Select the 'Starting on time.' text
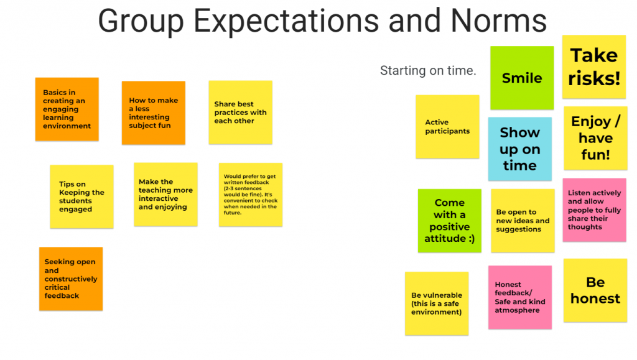428,71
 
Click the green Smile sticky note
522,78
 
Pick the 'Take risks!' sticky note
594,67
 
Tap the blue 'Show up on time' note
519,149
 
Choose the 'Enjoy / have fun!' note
595,138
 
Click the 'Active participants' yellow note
447,127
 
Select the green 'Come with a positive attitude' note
449,221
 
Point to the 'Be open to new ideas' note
523,221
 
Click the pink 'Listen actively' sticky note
594,210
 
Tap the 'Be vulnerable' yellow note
437,303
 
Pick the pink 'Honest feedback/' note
519,297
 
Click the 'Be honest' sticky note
595,290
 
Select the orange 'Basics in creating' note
67,109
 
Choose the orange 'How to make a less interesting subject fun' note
153,113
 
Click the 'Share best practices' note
240,113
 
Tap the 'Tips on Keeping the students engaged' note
81,196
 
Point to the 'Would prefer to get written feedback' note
251,195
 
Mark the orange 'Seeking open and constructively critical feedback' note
71,279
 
